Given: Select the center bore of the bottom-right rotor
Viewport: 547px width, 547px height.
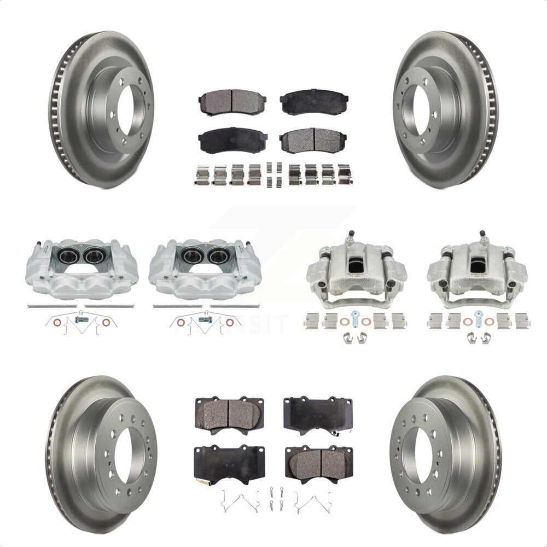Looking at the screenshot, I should tap(422, 455).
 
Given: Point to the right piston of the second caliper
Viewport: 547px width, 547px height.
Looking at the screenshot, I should tap(218, 255).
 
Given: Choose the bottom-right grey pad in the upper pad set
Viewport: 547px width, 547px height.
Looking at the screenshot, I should tap(313, 141).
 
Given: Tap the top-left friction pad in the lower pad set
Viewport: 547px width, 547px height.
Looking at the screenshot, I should tap(229, 414).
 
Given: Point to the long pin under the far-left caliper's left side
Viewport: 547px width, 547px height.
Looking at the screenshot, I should tap(53, 306).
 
